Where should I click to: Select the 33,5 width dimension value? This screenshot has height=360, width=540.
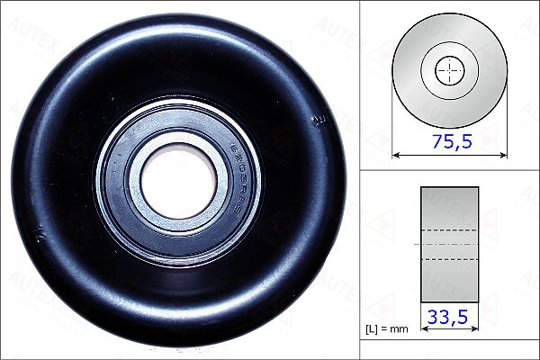coord(450,318)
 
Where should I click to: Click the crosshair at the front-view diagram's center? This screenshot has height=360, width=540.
coord(450,69)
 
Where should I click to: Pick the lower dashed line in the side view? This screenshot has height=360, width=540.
coord(450,260)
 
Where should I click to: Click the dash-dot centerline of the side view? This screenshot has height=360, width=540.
coord(450,244)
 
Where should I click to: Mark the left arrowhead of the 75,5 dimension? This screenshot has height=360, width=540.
coord(397,155)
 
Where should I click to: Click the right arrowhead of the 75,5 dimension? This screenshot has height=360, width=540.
coord(503,155)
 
